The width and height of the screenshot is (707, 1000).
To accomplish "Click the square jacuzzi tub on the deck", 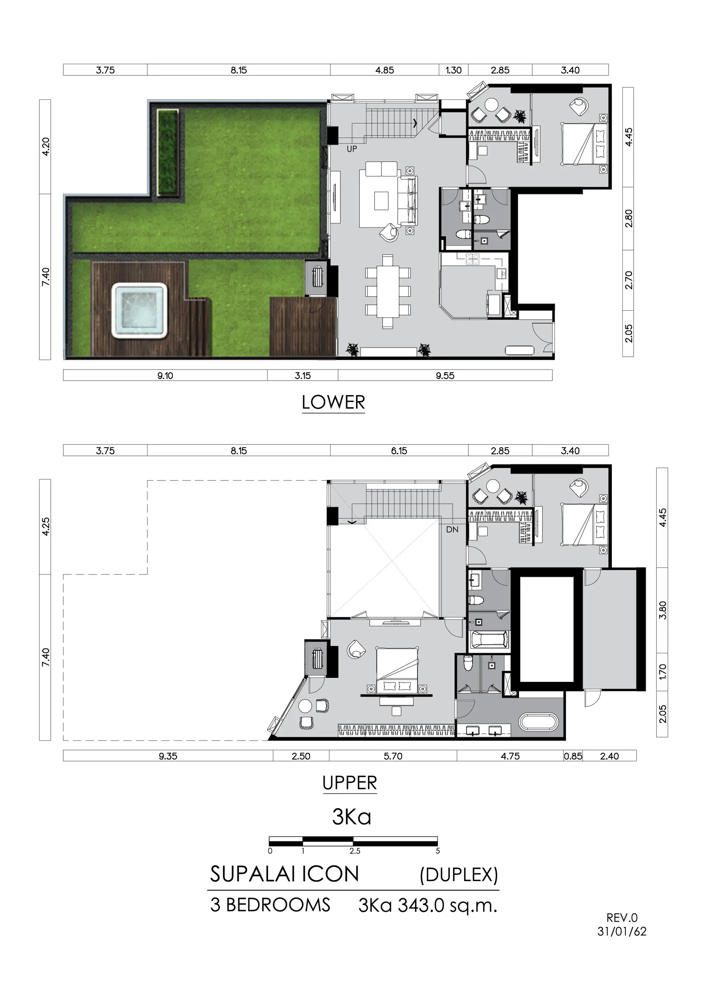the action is coord(140,310).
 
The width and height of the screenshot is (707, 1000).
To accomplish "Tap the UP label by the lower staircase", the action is coord(352,149).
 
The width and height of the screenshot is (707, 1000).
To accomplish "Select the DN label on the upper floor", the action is coord(452,529).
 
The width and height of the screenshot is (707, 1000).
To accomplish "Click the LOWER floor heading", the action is coord(333,402).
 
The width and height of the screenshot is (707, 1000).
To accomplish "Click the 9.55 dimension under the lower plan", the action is coord(445,376).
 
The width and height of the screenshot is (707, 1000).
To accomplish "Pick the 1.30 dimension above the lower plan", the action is coord(453,70).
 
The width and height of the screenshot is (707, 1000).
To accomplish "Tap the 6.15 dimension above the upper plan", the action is coord(399,451).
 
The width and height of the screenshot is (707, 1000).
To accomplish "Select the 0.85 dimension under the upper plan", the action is coord(573,756).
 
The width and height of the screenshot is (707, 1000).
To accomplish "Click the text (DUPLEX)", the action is coord(459,874).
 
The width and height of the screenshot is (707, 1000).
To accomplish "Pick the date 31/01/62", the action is coord(622,932).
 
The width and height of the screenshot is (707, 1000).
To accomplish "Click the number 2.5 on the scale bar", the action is coord(355,851).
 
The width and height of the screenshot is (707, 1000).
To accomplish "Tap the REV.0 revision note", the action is coord(622,918).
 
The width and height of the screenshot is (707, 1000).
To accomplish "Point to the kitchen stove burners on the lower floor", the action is coord(472,260).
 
